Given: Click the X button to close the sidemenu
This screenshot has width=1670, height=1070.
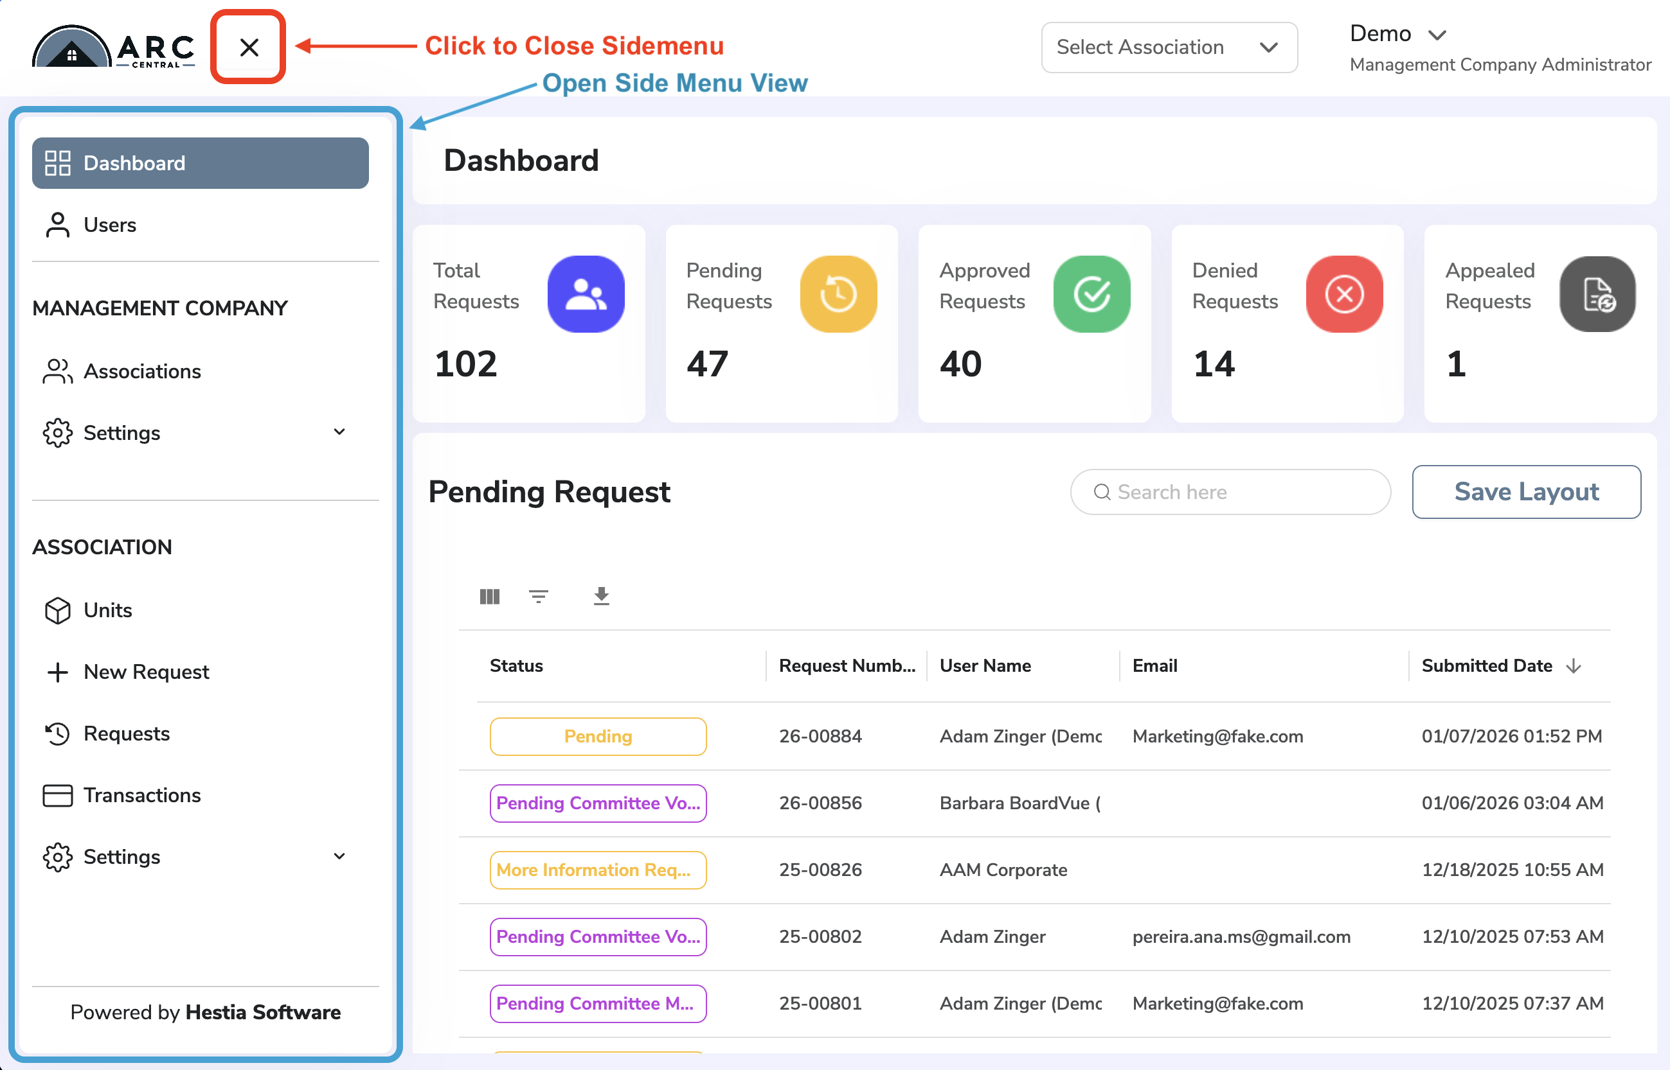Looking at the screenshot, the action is click(249, 48).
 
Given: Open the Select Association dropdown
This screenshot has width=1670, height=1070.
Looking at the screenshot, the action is click(1169, 48).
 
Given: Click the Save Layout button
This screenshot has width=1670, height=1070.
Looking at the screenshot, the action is click(1526, 492).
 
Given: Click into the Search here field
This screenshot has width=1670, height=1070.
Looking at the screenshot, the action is click(1230, 492).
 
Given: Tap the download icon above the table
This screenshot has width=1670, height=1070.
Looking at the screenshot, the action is click(602, 596).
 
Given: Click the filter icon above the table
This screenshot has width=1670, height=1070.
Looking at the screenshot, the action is click(538, 596).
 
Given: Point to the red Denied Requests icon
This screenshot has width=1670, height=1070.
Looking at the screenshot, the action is click(1344, 294).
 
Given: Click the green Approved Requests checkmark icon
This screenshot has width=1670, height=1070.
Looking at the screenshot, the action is click(1091, 294).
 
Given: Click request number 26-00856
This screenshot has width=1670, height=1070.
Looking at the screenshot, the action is click(820, 803).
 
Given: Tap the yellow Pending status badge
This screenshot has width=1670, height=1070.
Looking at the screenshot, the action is click(598, 737).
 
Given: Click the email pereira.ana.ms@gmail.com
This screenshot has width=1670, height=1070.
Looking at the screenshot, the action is click(1241, 936).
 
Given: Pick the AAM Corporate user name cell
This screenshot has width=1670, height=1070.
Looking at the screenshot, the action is click(1003, 870).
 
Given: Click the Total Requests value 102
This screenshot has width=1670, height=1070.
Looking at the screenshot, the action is click(466, 364).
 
